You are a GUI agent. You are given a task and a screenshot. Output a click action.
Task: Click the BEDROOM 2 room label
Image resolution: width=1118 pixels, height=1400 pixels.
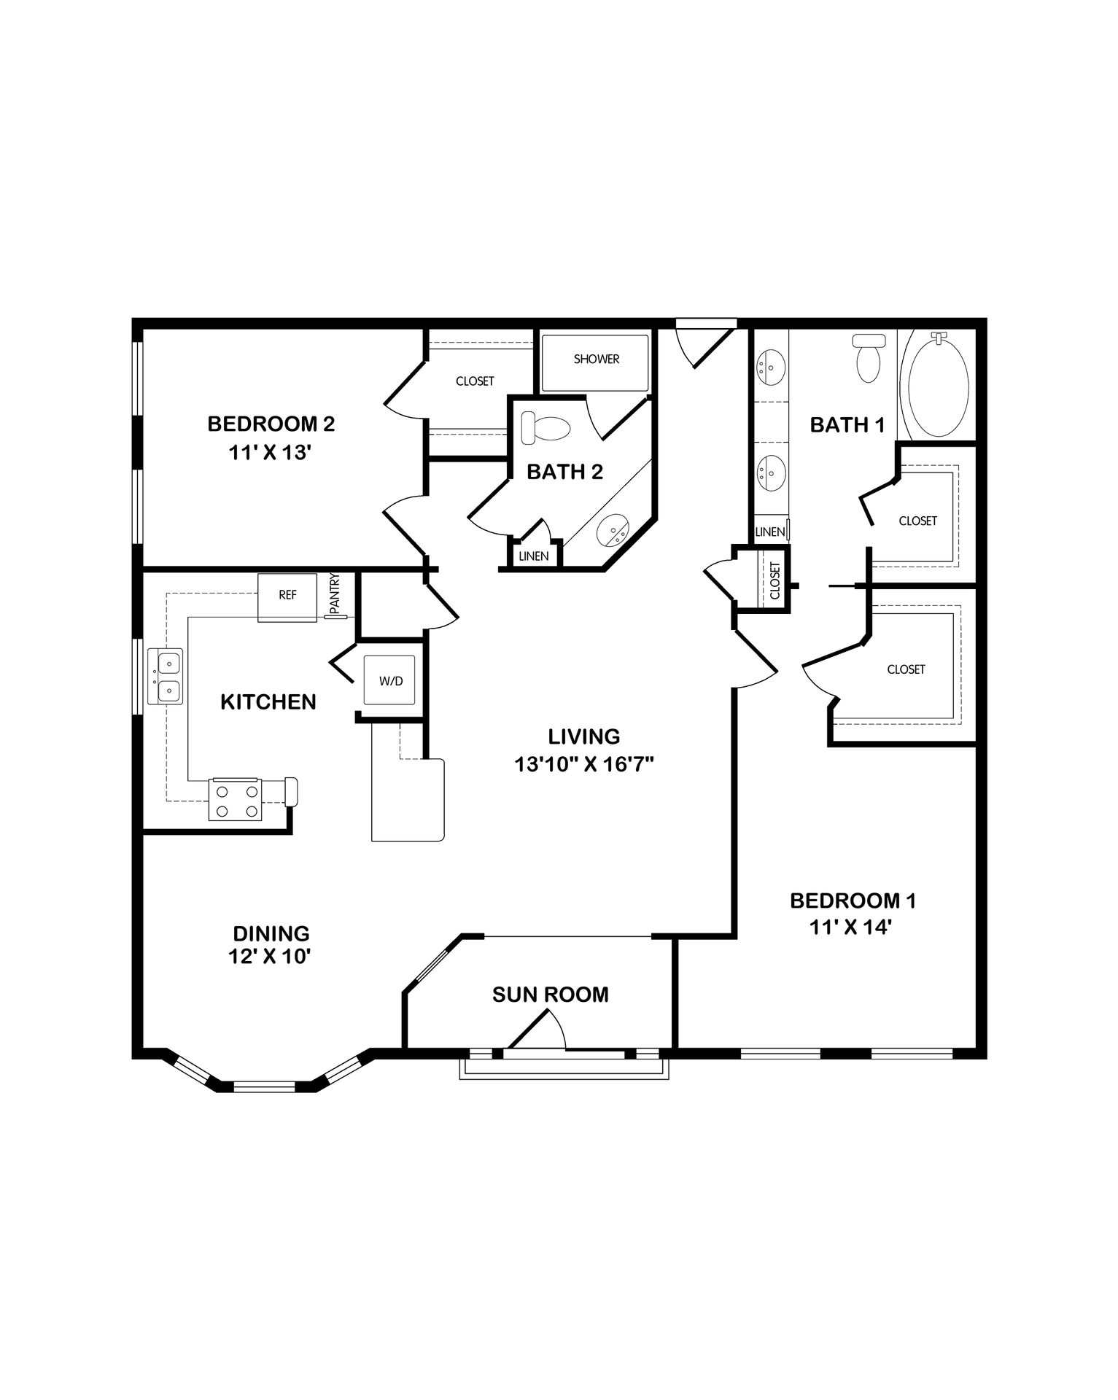(271, 424)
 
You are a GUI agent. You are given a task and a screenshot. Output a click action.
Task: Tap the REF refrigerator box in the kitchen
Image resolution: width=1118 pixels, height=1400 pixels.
(287, 596)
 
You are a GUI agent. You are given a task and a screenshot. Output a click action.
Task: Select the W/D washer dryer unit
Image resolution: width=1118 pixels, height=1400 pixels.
(390, 681)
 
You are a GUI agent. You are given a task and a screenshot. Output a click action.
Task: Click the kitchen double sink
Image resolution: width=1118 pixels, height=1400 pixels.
(165, 676)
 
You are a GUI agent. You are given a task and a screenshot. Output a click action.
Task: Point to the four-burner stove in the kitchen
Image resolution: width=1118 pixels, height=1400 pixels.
(235, 799)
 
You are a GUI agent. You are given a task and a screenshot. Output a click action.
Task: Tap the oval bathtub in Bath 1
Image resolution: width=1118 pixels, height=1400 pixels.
(937, 384)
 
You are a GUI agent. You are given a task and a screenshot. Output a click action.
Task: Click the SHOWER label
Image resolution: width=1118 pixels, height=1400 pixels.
(596, 359)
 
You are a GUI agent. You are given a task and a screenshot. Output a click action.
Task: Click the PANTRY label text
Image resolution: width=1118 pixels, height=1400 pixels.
(335, 594)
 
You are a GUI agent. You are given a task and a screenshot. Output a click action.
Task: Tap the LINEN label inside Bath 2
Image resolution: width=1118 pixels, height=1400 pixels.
(534, 556)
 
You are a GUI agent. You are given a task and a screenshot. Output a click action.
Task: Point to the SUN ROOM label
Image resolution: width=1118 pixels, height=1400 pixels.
(550, 995)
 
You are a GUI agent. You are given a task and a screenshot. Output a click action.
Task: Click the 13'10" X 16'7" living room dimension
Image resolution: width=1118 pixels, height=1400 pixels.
(583, 765)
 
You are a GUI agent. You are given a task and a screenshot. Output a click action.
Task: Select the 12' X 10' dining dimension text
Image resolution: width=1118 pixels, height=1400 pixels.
(270, 957)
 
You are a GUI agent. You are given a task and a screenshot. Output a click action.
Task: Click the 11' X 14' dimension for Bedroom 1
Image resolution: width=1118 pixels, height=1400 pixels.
(852, 927)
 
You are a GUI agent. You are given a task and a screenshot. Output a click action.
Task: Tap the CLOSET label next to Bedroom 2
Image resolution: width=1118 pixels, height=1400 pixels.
(475, 381)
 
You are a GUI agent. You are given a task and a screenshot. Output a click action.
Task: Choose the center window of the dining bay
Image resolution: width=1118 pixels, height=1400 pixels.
(264, 1086)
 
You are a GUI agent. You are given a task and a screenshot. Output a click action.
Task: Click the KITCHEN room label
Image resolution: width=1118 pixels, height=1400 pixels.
(268, 702)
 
